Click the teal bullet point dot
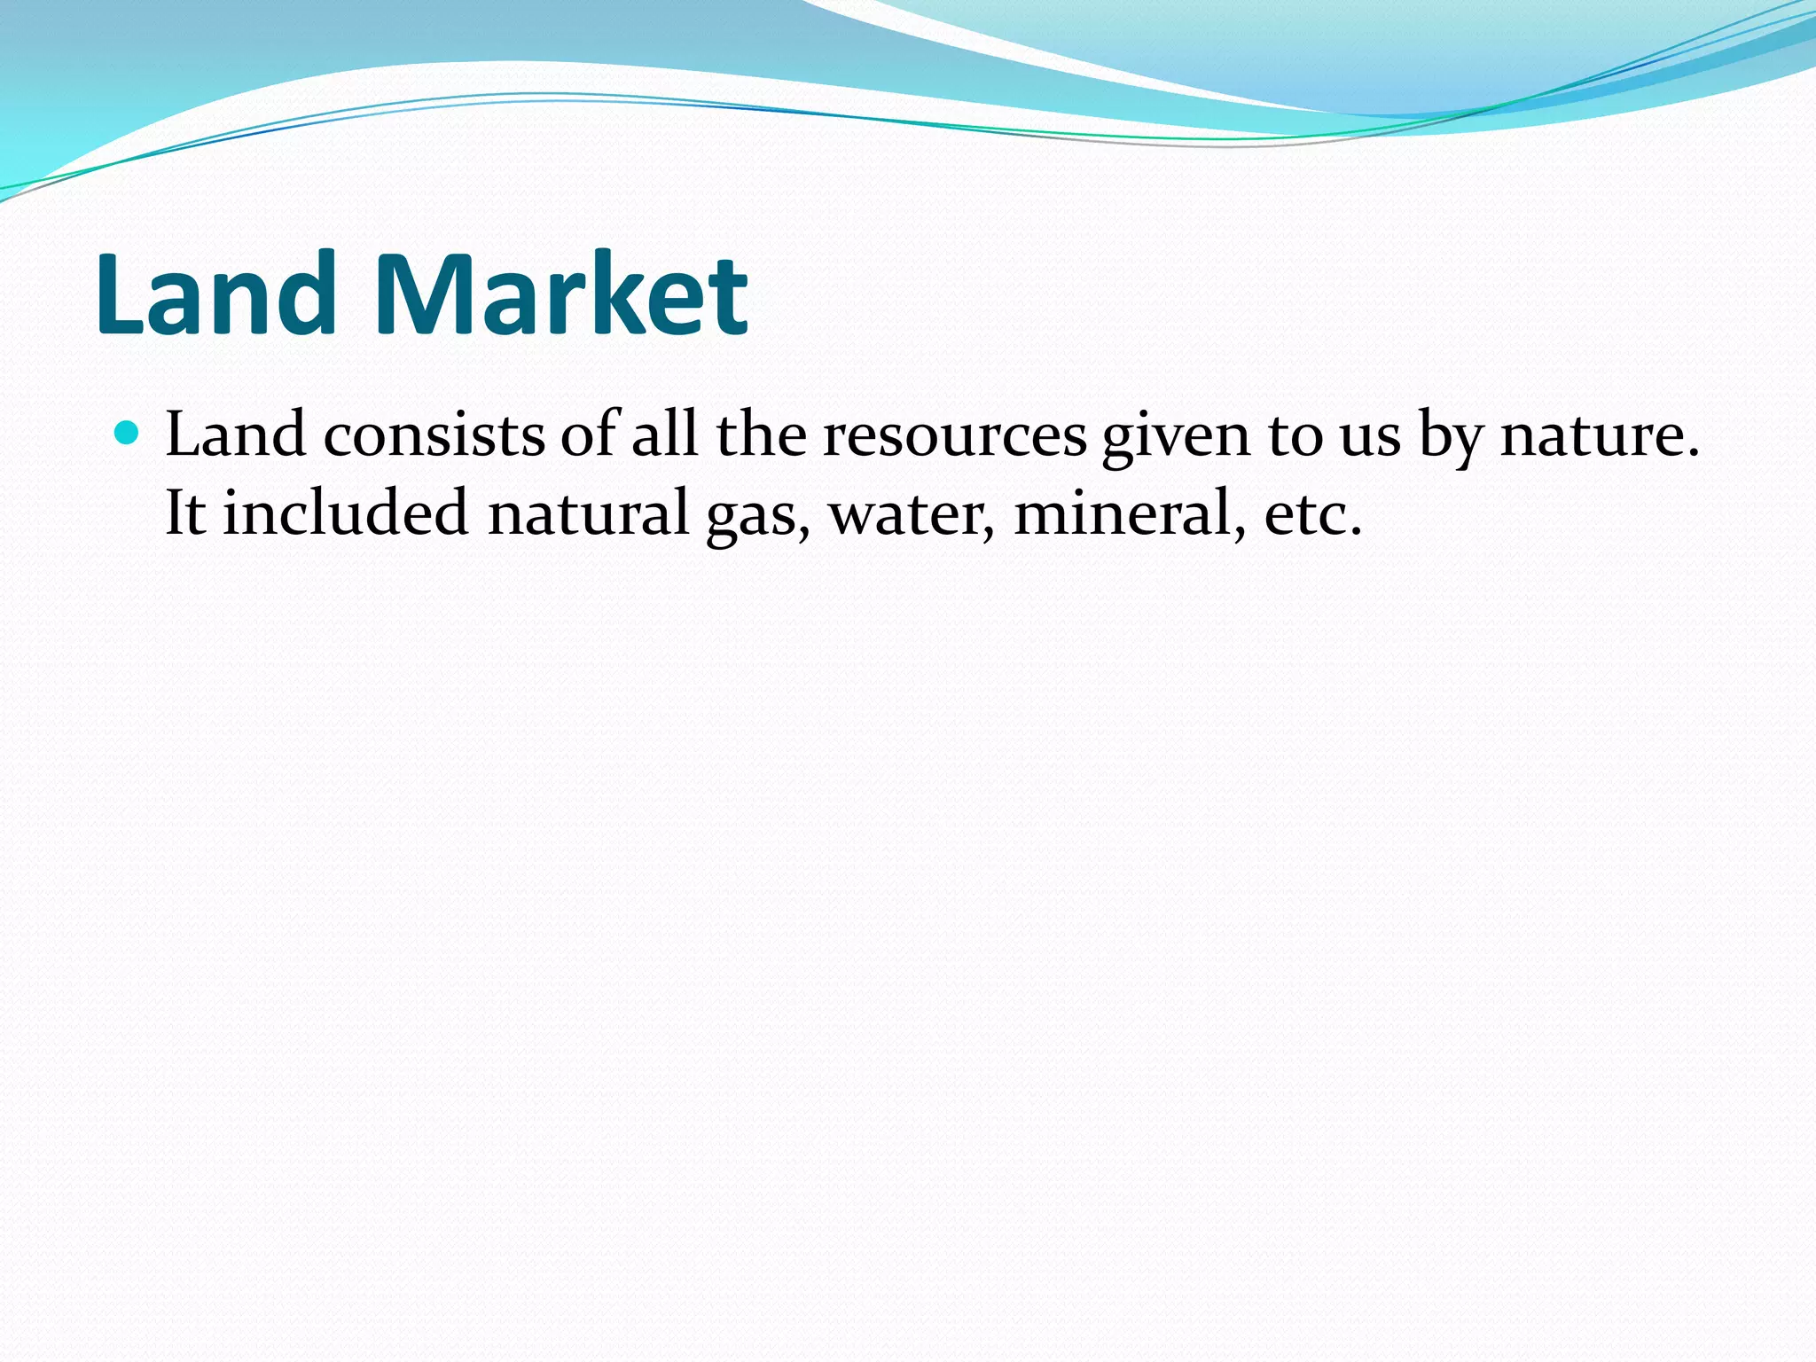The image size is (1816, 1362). (128, 433)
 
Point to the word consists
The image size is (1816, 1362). (434, 435)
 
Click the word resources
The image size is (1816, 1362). (954, 435)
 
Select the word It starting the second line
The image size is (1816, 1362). (185, 513)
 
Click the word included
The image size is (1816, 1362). (345, 513)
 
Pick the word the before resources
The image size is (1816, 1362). (761, 435)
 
